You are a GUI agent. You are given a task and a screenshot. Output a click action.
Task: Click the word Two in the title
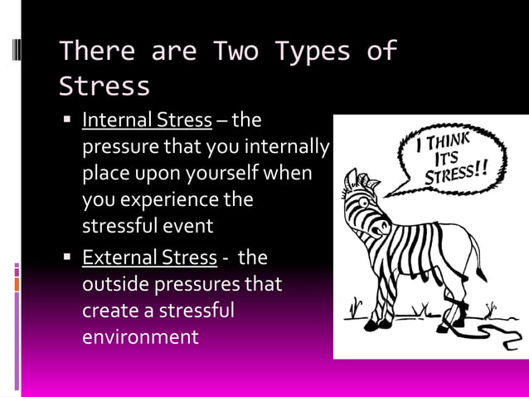coord(236,51)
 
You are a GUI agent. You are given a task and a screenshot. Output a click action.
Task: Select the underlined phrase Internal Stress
coord(147,120)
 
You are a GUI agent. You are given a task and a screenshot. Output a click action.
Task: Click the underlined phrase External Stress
coord(149,257)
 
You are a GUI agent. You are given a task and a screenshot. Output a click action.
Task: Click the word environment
coord(140,336)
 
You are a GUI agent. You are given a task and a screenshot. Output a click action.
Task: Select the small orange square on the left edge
coord(17,284)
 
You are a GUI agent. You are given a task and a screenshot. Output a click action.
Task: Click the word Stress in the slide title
coord(104,86)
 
